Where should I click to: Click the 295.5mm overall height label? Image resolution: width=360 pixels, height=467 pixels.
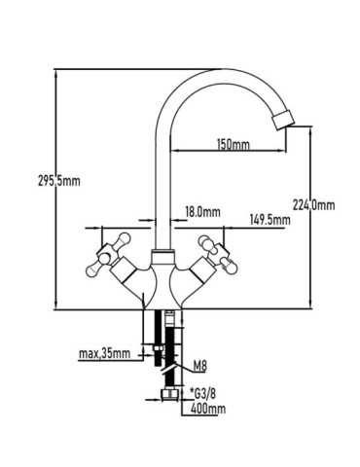[58, 181]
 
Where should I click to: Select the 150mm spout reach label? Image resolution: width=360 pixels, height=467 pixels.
[233, 144]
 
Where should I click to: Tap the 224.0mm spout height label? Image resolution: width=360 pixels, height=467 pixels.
[313, 205]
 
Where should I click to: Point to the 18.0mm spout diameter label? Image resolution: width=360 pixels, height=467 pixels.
[202, 212]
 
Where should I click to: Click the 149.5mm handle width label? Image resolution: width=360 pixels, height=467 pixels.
[270, 220]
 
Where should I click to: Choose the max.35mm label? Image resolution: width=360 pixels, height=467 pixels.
[104, 353]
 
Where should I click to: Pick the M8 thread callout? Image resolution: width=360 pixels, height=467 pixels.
[199, 367]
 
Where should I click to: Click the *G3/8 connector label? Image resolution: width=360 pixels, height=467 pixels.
[202, 394]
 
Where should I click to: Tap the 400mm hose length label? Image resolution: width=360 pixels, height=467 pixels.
[208, 409]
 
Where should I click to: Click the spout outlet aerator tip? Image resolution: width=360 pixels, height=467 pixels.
[284, 121]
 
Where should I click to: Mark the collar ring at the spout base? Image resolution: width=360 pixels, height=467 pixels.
[163, 252]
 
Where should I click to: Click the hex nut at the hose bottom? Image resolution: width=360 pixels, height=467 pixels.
[170, 394]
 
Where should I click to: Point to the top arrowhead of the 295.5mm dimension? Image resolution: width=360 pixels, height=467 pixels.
[56, 73]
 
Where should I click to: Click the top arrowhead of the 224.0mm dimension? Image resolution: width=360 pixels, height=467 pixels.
[310, 130]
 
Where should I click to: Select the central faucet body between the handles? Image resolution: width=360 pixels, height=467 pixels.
[162, 281]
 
